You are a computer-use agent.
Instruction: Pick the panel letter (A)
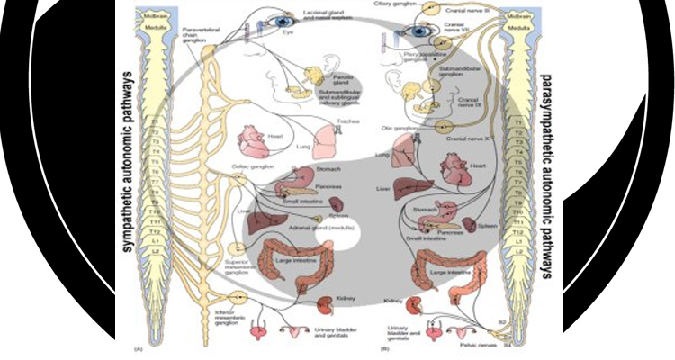138,346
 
